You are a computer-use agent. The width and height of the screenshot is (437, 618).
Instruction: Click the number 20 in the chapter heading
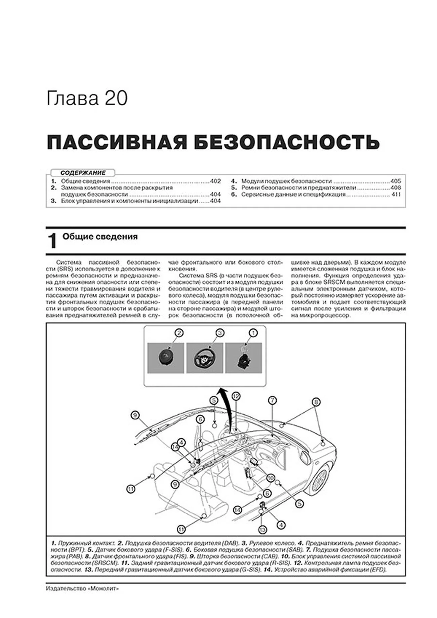tap(116, 99)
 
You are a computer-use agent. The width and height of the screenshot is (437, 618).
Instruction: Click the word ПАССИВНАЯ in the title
tap(117, 142)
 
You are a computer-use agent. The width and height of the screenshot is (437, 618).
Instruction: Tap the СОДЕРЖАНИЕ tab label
tap(83, 173)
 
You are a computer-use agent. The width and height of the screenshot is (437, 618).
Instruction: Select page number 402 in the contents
tap(215, 181)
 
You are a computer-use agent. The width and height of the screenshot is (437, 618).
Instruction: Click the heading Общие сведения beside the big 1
tap(100, 237)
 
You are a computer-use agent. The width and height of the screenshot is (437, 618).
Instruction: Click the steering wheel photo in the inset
tap(205, 358)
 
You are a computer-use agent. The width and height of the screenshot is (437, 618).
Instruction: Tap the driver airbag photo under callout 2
tap(166, 358)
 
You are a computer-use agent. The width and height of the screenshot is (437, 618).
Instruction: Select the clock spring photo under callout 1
tap(244, 358)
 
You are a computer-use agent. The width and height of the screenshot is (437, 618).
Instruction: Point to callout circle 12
tap(236, 396)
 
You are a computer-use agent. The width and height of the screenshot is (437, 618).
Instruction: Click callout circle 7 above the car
tap(272, 400)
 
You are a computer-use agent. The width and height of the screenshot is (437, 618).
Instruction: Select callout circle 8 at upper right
tap(316, 402)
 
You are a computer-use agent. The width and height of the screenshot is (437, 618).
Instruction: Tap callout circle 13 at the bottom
tap(262, 530)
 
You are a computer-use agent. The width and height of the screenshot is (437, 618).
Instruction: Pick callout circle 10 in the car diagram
tap(271, 478)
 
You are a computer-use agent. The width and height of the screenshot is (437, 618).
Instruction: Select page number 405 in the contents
tap(396, 181)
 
